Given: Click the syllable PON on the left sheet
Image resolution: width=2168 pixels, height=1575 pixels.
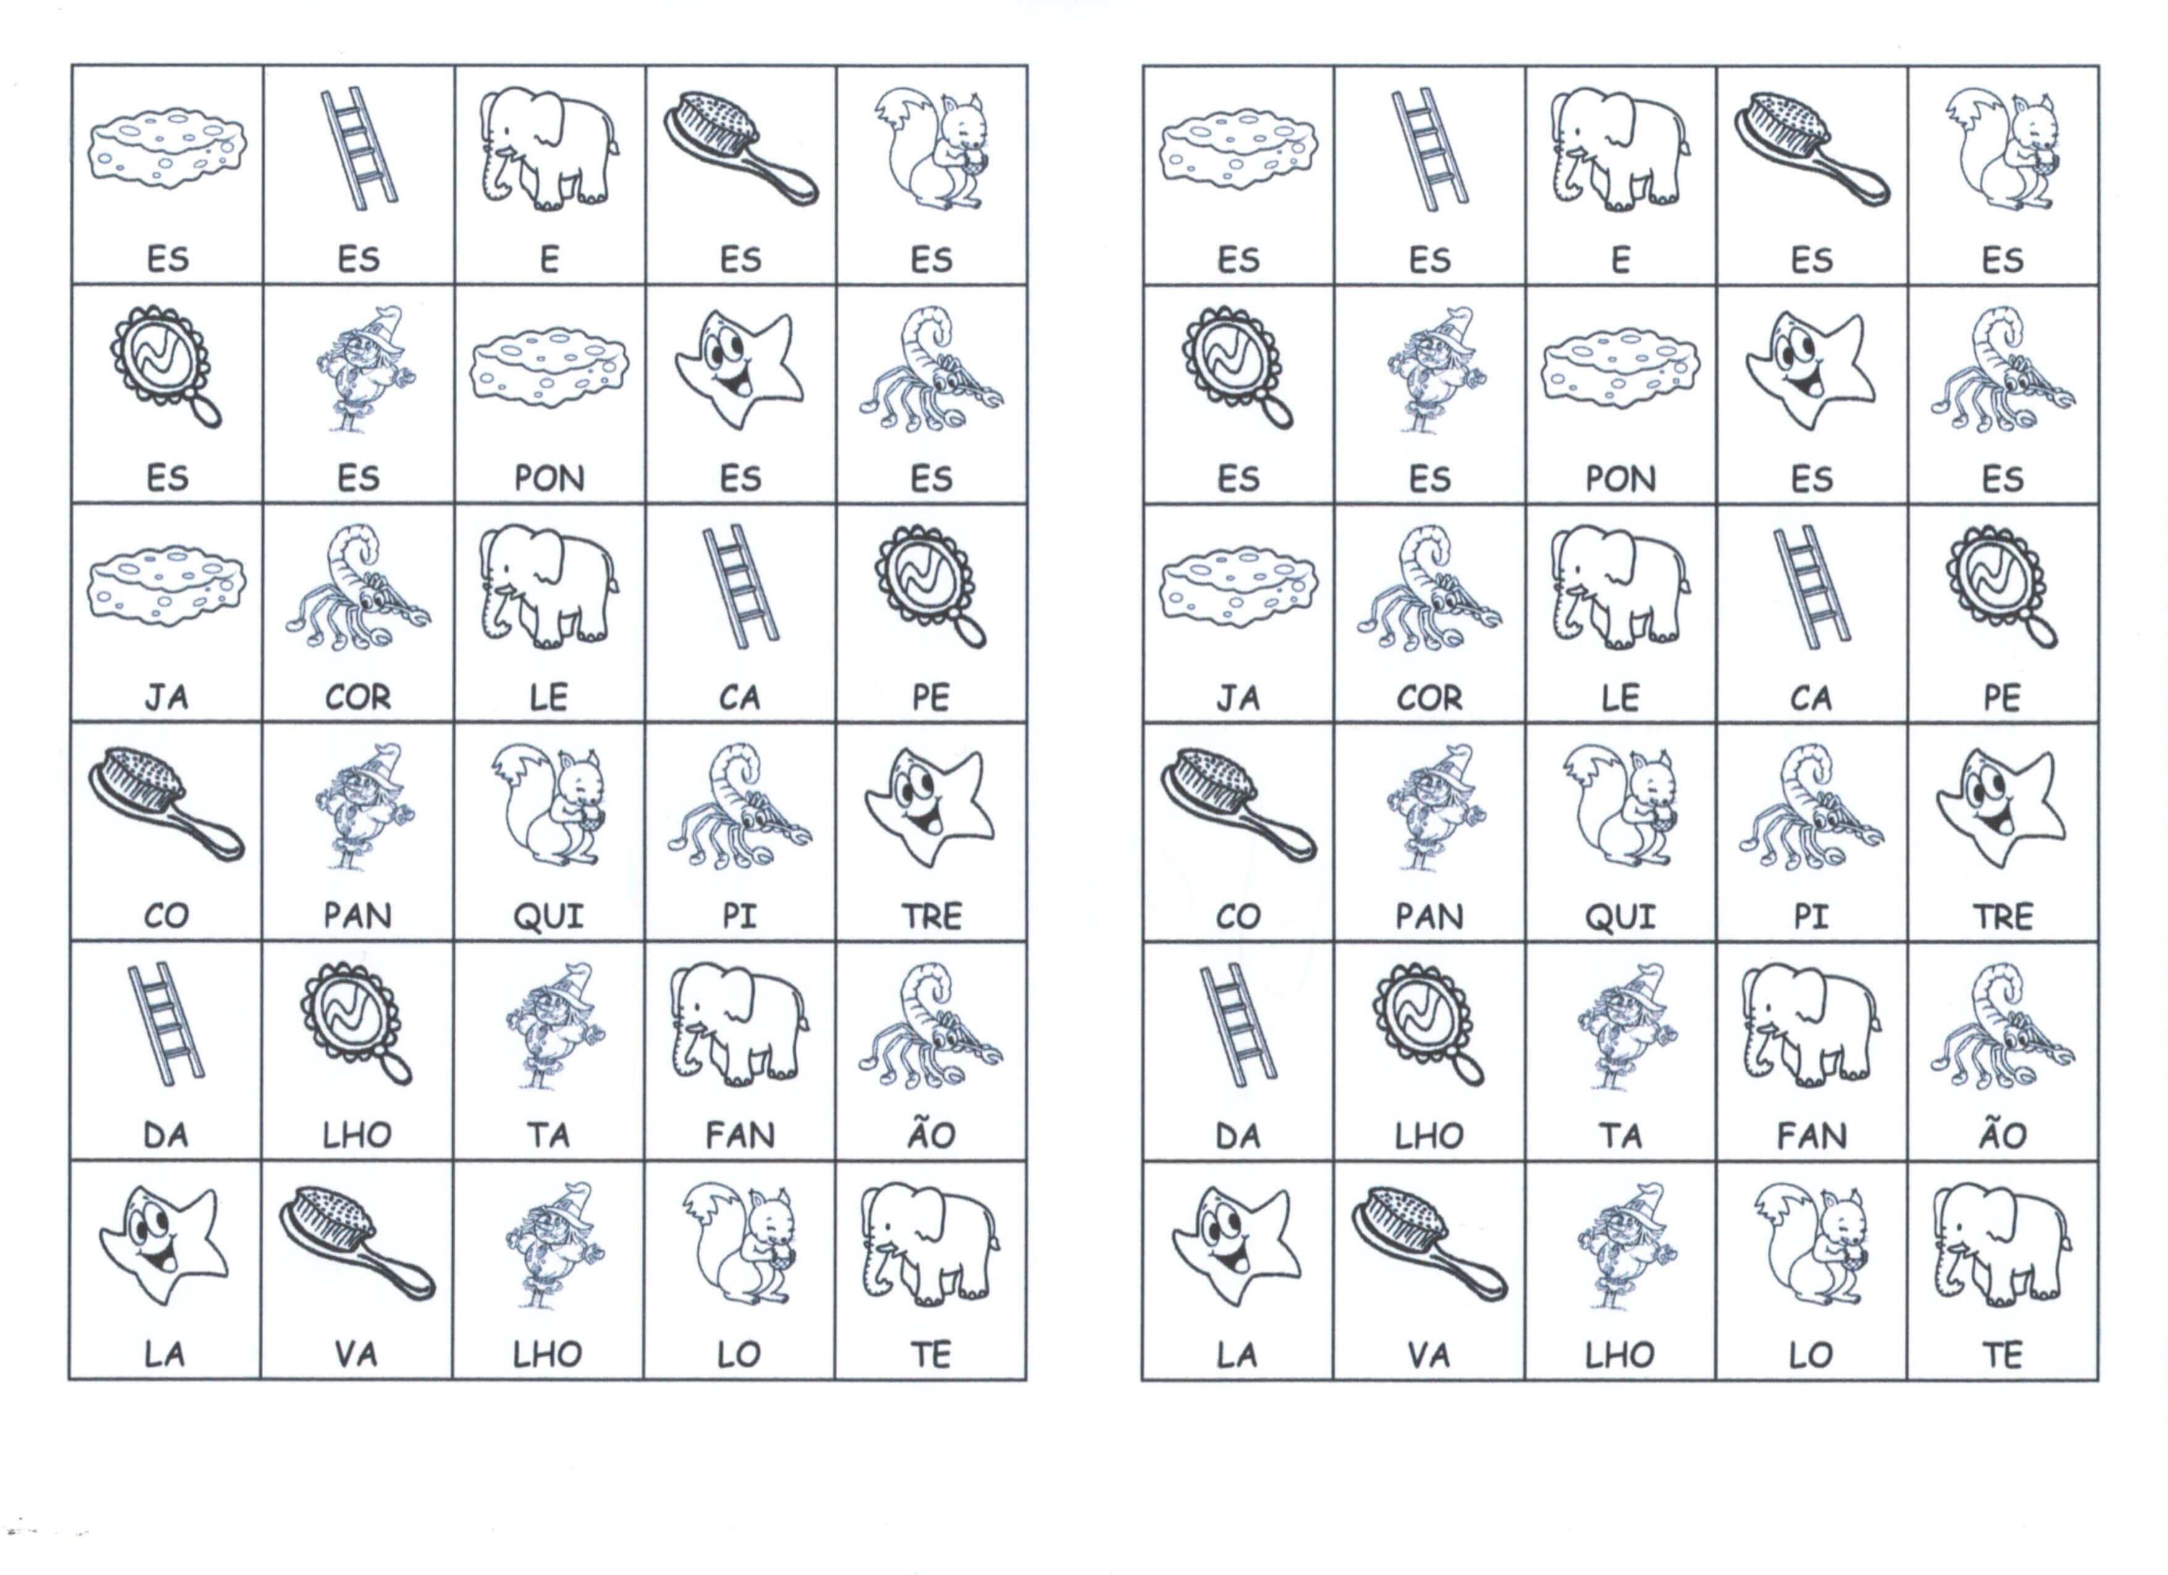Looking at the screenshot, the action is tap(550, 478).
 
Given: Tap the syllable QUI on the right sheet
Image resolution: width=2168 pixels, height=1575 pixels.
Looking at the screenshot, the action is tap(1620, 917).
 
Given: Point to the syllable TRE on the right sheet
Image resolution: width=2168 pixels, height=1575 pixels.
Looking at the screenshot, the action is tap(2002, 917).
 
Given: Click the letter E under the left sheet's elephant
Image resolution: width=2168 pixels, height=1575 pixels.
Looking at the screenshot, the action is tap(550, 259).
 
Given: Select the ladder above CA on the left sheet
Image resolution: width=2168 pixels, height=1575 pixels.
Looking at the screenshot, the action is tap(741, 586).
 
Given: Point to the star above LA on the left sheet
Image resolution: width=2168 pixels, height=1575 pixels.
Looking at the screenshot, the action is tap(164, 1245).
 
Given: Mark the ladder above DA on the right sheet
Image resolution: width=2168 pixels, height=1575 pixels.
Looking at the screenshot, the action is tap(1238, 1025).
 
